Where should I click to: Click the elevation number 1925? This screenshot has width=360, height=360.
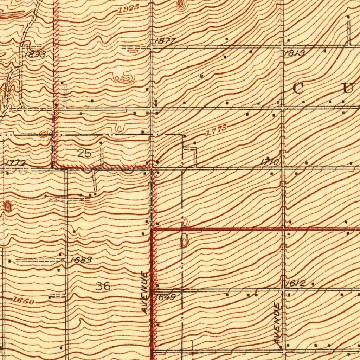pos(129,9)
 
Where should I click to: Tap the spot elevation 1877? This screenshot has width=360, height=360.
pos(164,41)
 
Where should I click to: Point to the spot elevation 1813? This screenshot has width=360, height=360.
pos(294,53)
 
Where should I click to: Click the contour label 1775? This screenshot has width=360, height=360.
pos(216,131)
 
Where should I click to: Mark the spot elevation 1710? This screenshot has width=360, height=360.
pos(270,162)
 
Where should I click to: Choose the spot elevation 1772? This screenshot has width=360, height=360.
pos(15,163)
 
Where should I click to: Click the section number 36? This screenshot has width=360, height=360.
pos(103,286)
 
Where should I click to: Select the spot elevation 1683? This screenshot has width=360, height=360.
pos(81,260)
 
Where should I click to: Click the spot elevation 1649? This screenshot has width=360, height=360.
pos(165,297)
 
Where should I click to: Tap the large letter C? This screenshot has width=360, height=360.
pos(298,89)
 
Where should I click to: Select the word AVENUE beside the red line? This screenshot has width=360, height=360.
pos(145,292)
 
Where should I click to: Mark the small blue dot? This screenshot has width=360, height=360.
pos(201,76)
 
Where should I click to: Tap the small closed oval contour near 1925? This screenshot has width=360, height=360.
pos(180,5)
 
